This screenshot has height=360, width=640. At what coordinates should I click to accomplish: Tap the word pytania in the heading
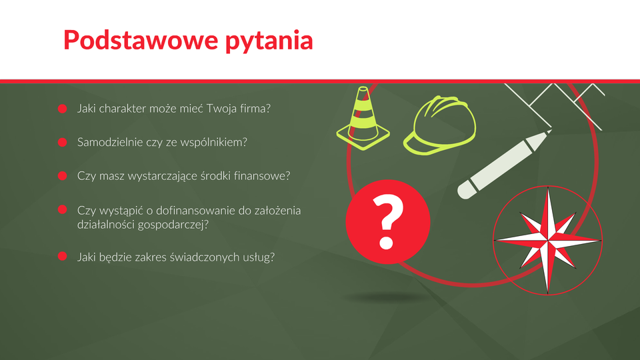[269, 41]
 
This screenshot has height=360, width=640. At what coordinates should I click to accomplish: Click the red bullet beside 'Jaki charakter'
[63, 109]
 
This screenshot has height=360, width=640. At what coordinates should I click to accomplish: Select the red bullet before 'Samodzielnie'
[63, 142]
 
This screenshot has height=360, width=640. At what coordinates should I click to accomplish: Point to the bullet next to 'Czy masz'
[63, 175]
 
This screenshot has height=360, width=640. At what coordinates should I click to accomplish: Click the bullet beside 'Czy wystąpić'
[63, 209]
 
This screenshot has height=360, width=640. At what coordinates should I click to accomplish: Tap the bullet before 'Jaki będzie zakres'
[63, 256]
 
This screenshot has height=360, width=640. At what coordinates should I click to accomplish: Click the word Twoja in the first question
[221, 109]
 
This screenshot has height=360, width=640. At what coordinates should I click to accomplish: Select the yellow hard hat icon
[440, 125]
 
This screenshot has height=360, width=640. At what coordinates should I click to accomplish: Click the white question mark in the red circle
[387, 221]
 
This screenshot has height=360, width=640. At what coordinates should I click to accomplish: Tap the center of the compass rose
[548, 240]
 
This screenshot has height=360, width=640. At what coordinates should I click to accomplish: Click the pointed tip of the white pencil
[549, 131]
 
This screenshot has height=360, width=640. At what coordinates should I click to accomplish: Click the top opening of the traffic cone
[363, 89]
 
